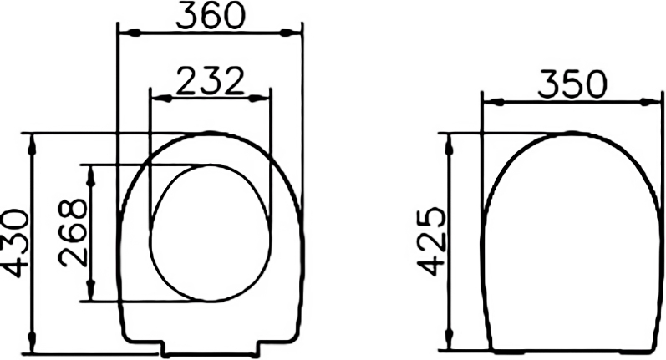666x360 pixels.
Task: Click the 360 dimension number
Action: [211, 16]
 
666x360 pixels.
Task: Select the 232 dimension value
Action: [210, 81]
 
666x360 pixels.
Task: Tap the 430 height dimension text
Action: [15, 242]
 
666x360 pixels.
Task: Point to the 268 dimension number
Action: [73, 232]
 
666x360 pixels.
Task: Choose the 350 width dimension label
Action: [572, 84]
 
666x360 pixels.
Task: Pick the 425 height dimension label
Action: [431, 241]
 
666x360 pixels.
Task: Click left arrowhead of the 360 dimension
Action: [130, 33]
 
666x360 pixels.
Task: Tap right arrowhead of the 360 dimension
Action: [291, 33]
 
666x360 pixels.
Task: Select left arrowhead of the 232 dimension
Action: [162, 99]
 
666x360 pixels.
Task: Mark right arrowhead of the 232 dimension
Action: [259, 99]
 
